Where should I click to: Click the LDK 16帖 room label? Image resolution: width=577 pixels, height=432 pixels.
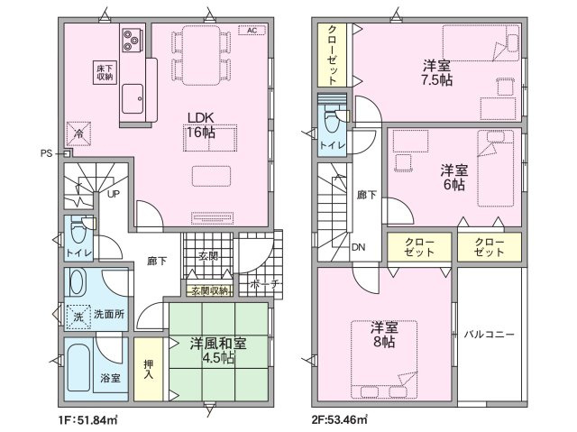201,125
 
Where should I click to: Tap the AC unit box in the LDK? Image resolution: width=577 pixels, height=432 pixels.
252,30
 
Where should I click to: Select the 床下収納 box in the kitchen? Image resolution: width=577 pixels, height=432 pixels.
105,72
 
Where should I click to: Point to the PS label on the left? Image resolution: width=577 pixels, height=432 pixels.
46,153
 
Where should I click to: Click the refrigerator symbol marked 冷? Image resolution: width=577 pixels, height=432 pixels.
78,133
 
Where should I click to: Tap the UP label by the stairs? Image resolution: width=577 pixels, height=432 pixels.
114,194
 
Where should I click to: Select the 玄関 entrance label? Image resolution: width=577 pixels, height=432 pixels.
208,256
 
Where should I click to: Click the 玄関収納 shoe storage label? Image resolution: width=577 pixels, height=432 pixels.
210,291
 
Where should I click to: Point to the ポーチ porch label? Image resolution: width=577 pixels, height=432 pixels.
265,284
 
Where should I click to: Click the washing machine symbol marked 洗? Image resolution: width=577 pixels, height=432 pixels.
78,317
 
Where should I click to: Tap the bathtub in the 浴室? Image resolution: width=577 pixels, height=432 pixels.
78,368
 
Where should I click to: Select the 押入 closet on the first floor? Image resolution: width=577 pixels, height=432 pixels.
148,369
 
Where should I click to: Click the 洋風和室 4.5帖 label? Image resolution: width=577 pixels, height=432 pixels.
218,350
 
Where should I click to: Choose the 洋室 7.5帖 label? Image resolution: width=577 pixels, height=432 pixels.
436,73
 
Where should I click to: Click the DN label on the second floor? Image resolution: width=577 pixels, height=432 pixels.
359,247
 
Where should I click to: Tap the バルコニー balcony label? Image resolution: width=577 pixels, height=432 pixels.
489,335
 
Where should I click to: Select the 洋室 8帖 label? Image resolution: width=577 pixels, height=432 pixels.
384,335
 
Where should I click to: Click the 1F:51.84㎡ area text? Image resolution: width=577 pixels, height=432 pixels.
87,419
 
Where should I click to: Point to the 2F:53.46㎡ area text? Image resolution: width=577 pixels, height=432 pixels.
340,419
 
